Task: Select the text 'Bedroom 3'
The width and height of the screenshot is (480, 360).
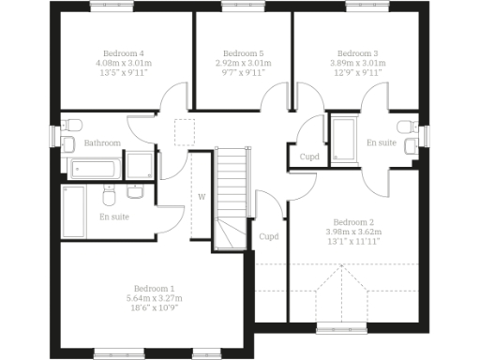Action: click(357, 53)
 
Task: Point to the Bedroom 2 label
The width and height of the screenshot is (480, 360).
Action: click(352, 222)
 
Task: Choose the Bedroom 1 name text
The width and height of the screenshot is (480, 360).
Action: click(154, 288)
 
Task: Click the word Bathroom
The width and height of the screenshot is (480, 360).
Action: click(102, 142)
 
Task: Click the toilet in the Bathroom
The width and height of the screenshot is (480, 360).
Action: click(68, 142)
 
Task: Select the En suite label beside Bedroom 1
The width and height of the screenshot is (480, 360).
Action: click(114, 217)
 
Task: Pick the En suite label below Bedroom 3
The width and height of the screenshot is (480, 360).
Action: click(381, 142)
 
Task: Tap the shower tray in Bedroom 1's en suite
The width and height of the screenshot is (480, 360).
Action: click(73, 206)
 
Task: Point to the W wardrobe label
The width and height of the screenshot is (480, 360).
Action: click(201, 196)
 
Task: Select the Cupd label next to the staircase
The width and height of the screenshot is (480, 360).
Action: click(270, 236)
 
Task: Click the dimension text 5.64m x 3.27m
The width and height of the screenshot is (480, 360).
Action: click(154, 297)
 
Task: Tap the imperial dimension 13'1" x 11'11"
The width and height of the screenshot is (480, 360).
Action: click(352, 241)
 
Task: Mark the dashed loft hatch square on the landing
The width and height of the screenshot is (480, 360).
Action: click(184, 130)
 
